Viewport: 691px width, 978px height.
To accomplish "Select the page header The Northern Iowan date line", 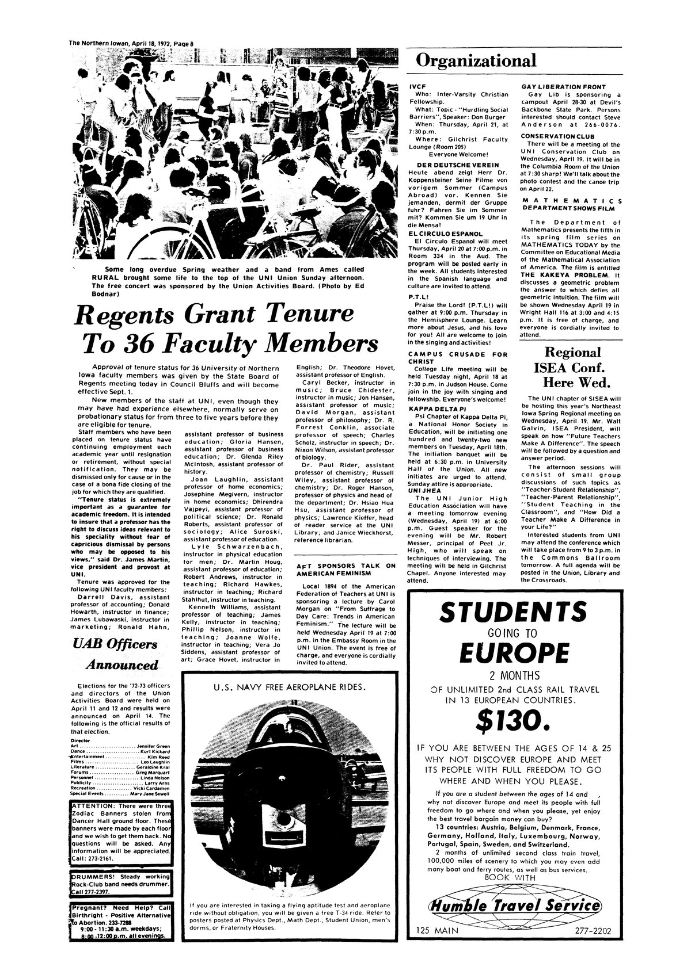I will [134, 42].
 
